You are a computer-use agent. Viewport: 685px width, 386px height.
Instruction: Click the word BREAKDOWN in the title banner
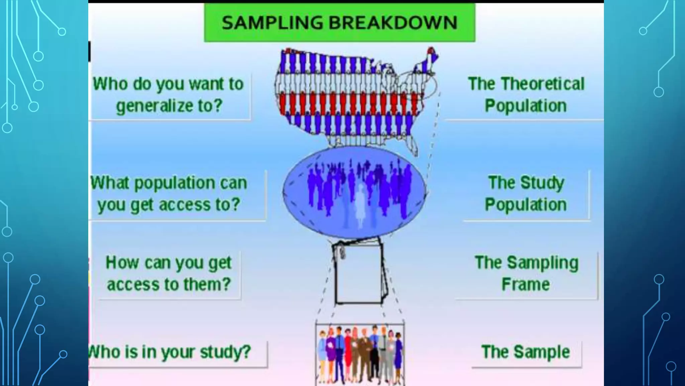(393, 23)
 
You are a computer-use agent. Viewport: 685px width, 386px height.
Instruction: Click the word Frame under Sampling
(525, 284)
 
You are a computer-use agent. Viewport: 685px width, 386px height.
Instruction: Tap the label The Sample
(525, 352)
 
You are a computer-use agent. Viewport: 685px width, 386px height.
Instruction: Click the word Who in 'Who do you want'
(110, 84)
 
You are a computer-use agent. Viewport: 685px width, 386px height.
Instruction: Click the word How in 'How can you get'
(122, 262)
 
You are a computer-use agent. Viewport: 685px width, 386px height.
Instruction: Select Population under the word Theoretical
(525, 106)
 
